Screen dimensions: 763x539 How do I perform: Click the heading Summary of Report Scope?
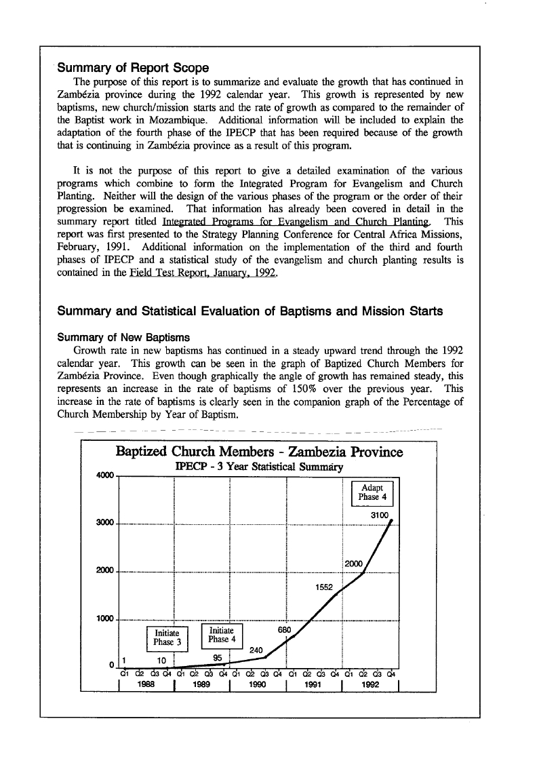point(133,68)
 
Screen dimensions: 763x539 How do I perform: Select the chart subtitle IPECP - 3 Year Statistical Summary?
point(259,467)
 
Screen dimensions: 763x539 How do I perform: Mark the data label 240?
point(256,650)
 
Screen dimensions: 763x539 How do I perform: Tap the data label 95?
point(218,657)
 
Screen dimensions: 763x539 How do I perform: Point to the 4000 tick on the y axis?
point(106,475)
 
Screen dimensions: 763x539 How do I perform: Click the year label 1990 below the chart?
point(258,684)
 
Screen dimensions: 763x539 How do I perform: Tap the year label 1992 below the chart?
point(371,684)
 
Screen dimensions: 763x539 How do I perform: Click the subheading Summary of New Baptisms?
point(123,337)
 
